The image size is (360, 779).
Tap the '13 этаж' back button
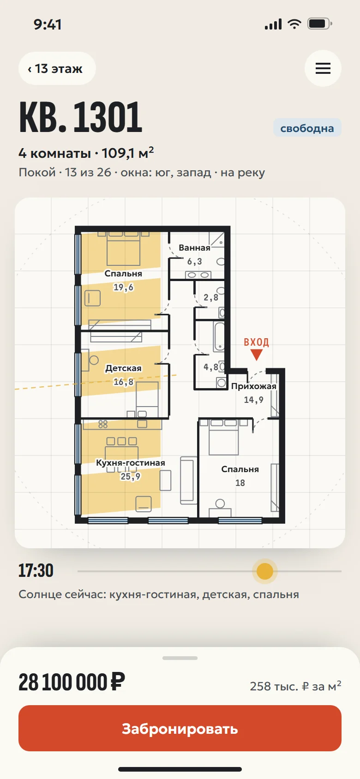[57, 68]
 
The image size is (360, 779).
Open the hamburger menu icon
[323, 68]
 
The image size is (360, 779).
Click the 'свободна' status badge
[307, 128]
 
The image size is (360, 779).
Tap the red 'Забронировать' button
[180, 728]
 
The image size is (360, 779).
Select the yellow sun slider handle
[265, 571]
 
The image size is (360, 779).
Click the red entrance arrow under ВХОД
[257, 355]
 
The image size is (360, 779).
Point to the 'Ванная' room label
[194, 248]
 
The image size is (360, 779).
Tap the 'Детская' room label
[124, 368]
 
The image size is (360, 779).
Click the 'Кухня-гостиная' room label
[131, 463]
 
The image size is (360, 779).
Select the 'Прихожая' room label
[253, 386]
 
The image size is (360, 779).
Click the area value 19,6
[124, 287]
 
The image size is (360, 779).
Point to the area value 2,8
[211, 297]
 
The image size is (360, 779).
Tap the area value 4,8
[211, 367]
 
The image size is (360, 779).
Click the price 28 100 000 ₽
[72, 683]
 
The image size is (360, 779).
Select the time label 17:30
[36, 571]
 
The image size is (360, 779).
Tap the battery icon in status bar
[320, 24]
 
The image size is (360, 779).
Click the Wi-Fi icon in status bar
[294, 24]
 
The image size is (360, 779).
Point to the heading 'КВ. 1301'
[81, 117]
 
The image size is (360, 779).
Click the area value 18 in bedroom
[240, 483]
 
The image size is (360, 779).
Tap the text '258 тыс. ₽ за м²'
[295, 686]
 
